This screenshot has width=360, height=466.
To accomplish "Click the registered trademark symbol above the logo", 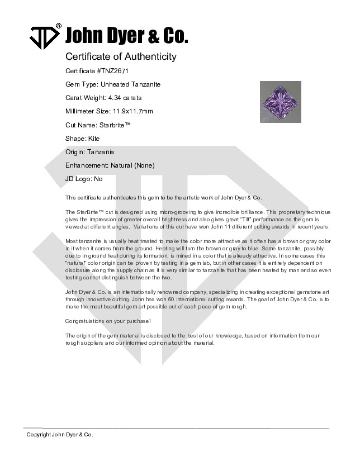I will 58,26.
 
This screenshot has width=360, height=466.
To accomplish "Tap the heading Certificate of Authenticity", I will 121,56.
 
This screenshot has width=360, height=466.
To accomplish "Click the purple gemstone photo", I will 280,102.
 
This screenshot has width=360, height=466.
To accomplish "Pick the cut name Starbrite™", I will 115,125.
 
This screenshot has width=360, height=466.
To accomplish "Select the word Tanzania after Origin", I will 101,152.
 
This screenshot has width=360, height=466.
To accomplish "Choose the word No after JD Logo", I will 98,179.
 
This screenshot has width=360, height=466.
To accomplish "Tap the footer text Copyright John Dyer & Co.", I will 60,435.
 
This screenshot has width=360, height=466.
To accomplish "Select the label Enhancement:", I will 88,165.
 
